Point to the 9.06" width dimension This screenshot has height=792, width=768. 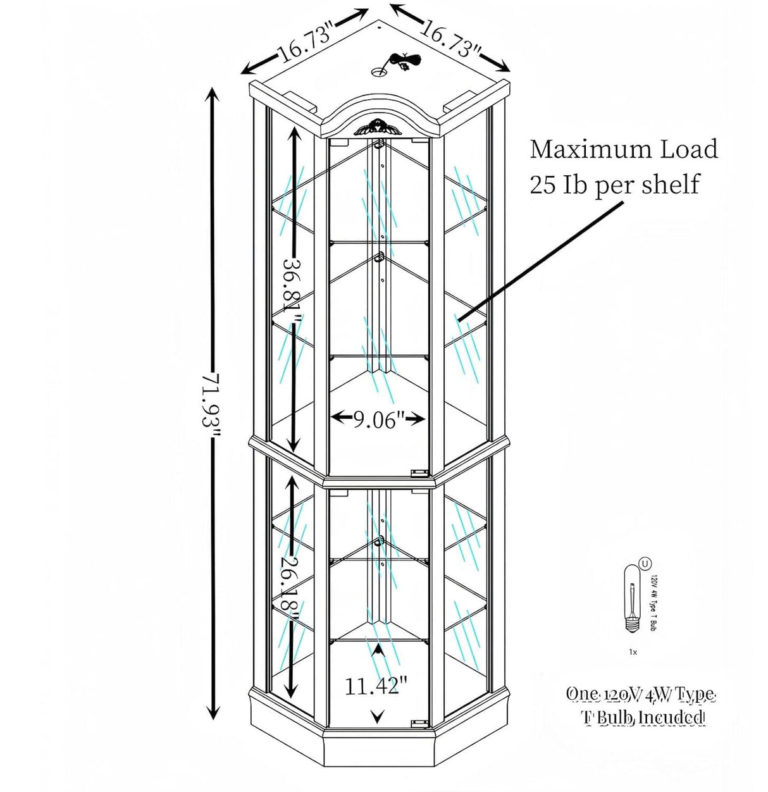[x=378, y=418]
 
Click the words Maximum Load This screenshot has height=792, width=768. [x=624, y=149]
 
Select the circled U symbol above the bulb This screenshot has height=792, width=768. [x=645, y=561]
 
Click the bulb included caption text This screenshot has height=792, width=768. [x=640, y=705]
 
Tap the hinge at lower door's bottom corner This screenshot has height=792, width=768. [x=416, y=722]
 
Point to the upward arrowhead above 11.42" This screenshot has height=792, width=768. [x=378, y=648]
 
